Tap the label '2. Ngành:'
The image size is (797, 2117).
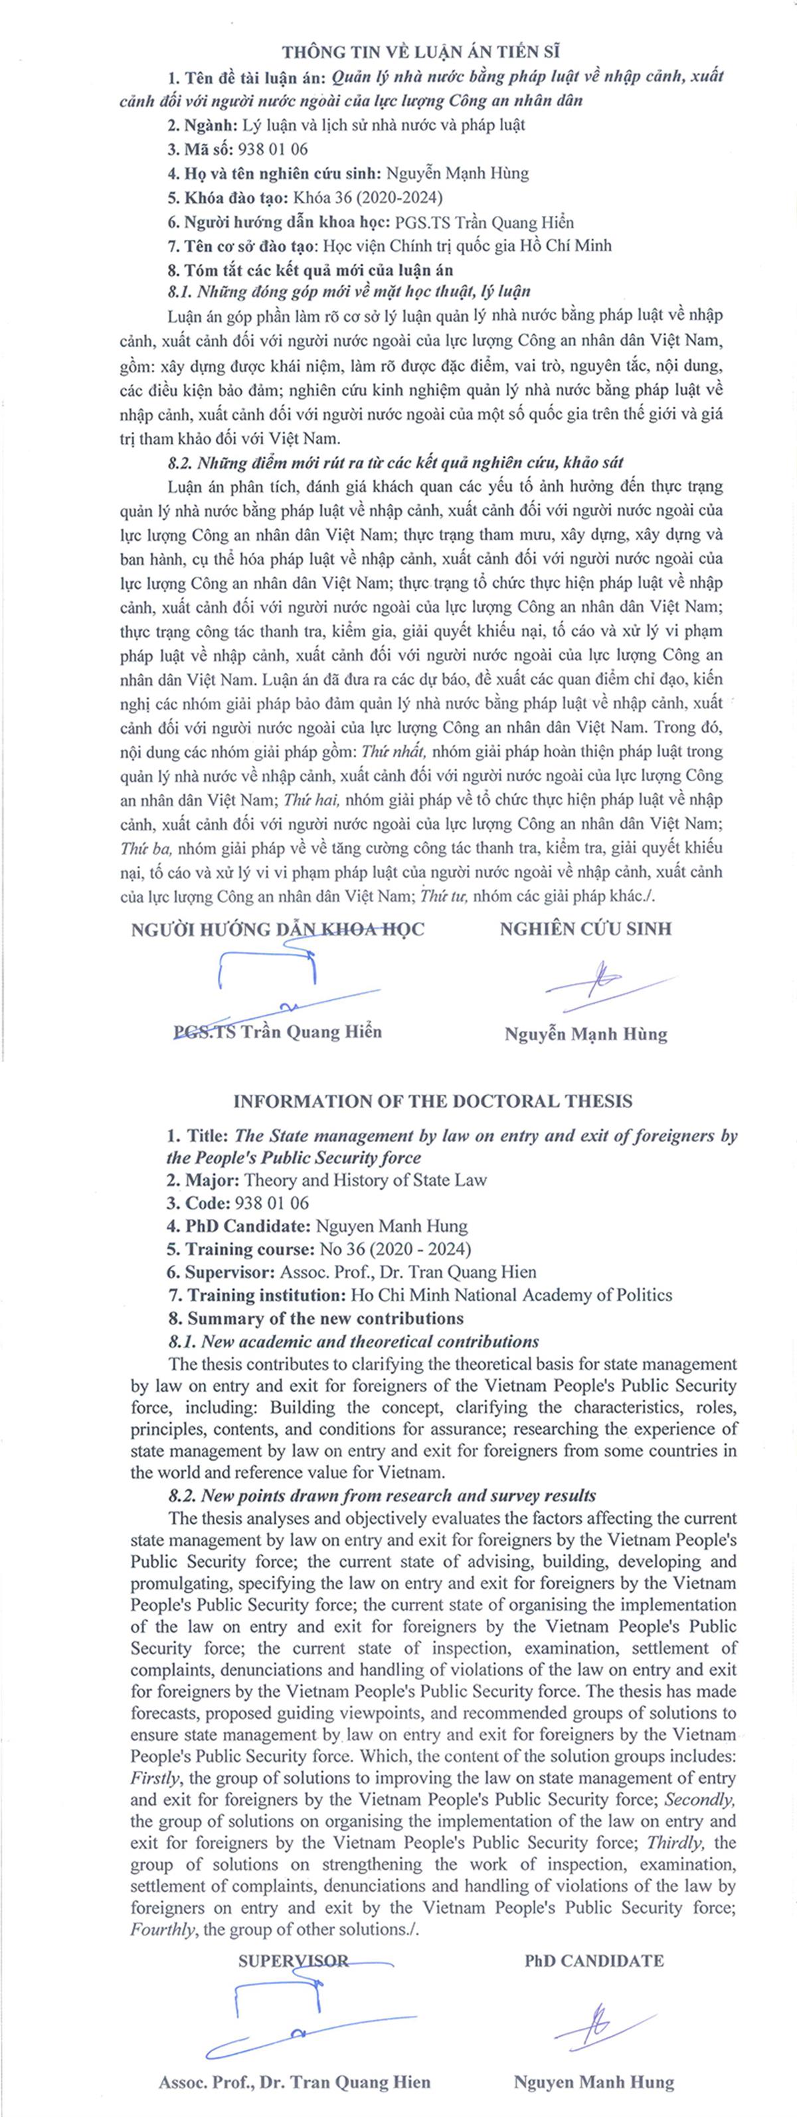tap(202, 125)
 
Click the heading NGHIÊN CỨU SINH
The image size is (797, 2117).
tap(585, 929)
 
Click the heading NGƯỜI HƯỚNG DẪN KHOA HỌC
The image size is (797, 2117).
tap(277, 929)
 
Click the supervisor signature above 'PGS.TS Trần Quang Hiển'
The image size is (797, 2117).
tap(271, 982)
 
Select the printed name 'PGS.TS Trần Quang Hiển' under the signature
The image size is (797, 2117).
tap(278, 1032)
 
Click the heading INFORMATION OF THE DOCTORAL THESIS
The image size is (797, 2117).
tap(432, 1101)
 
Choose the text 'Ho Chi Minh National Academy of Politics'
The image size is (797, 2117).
tap(511, 1295)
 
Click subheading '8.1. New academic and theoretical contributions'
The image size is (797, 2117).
tap(354, 1341)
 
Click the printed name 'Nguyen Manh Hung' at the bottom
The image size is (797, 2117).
tap(593, 2082)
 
